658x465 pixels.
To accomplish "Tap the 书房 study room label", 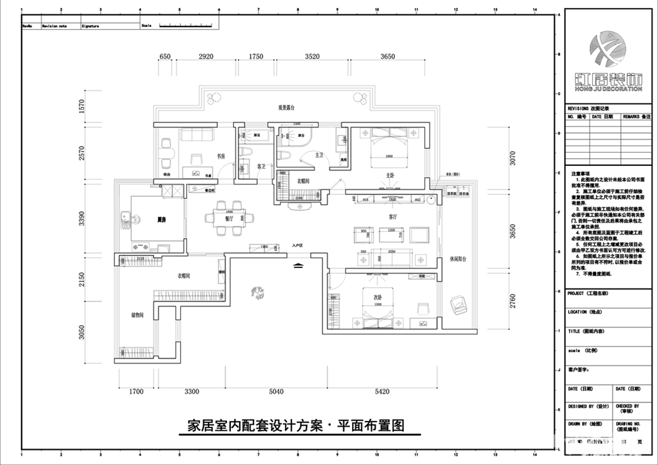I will pyautogui.click(x=222, y=157).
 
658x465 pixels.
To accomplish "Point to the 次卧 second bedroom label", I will pyautogui.click(x=378, y=298).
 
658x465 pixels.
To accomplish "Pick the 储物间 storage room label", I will pyautogui.click(x=138, y=316).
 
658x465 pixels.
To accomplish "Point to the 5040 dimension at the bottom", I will pyautogui.click(x=276, y=392).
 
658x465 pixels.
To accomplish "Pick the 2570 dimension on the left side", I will pyautogui.click(x=82, y=153).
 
